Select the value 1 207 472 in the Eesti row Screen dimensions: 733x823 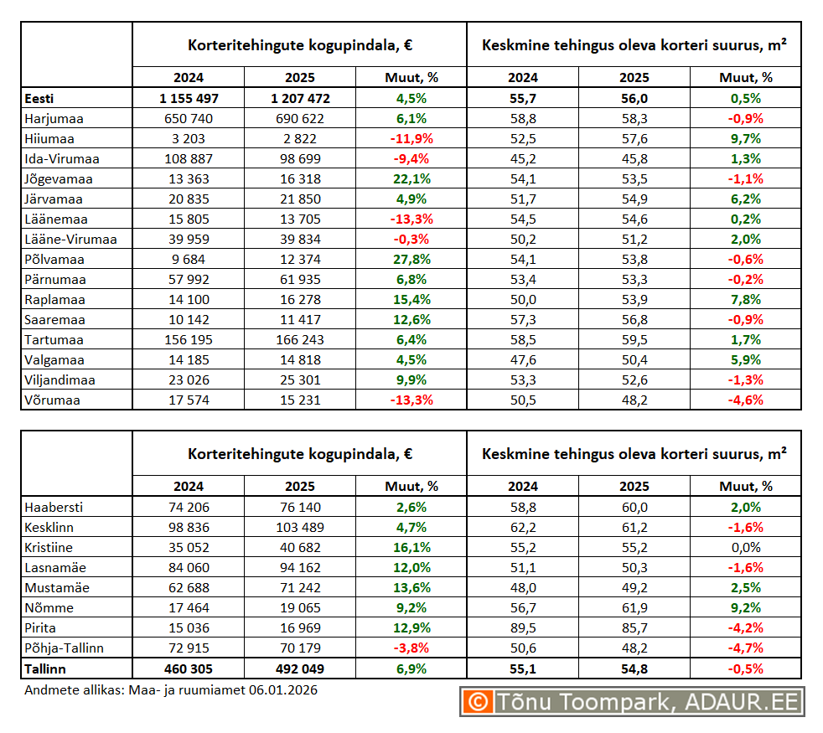[x=299, y=99]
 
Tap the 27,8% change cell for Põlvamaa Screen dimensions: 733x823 [x=411, y=260]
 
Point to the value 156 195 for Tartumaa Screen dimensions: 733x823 [x=188, y=340]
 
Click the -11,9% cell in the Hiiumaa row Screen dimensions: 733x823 [x=411, y=139]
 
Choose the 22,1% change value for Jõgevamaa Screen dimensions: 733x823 [x=411, y=179]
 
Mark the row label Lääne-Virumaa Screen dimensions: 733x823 [x=70, y=240]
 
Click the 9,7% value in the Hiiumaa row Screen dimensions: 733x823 [x=745, y=139]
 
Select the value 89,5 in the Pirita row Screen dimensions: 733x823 [x=523, y=628]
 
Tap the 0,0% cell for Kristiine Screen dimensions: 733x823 [x=745, y=548]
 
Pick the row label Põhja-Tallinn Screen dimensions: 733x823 [x=65, y=648]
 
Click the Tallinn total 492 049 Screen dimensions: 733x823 [x=299, y=669]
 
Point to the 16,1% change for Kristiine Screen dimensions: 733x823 [x=411, y=548]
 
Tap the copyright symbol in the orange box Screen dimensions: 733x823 [x=479, y=702]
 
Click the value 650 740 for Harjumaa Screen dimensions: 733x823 [x=188, y=119]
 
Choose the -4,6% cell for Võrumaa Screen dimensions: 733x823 [x=745, y=400]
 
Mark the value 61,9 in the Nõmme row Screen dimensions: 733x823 [x=634, y=608]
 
